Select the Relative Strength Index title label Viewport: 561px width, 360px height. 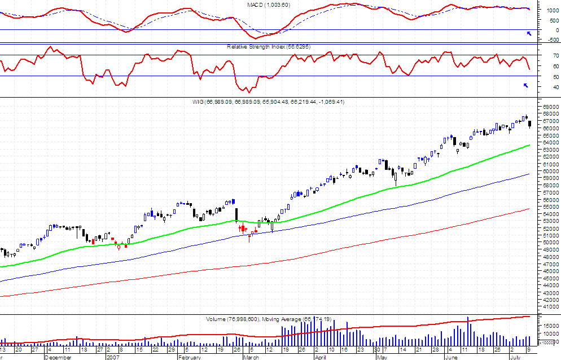click(x=269, y=47)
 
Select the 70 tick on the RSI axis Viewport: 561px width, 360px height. click(x=547, y=55)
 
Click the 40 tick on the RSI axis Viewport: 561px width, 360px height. click(x=547, y=87)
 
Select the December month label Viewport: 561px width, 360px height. click(x=58, y=357)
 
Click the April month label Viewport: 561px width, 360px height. click(x=321, y=357)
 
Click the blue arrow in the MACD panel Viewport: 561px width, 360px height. click(x=529, y=34)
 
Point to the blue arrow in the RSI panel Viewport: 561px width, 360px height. click(x=526, y=85)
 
